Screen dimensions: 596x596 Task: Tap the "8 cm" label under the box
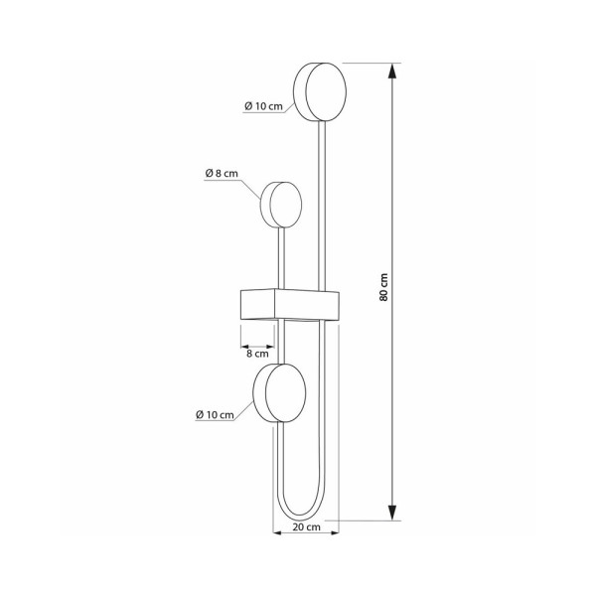pos(256,353)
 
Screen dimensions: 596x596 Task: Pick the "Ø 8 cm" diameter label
pos(222,174)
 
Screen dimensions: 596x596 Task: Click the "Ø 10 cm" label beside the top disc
pos(262,106)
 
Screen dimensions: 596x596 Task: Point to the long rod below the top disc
pos(321,199)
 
